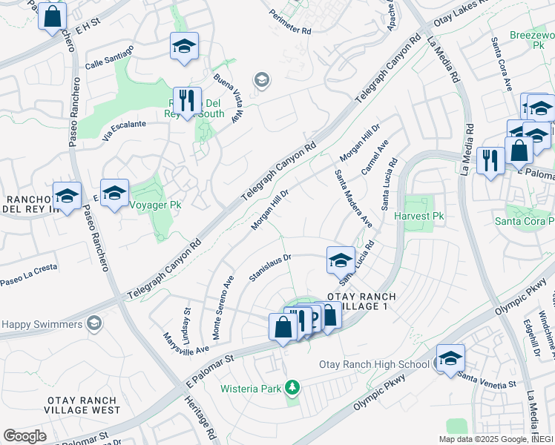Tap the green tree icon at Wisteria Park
293,387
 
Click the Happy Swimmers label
42,324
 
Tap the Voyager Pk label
155,204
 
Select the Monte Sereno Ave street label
223,307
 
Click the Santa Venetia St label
486,384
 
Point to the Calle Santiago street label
109,57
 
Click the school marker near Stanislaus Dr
341,260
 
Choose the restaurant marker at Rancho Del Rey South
187,101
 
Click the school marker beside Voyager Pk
114,194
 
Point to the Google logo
24,436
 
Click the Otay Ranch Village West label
83,405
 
